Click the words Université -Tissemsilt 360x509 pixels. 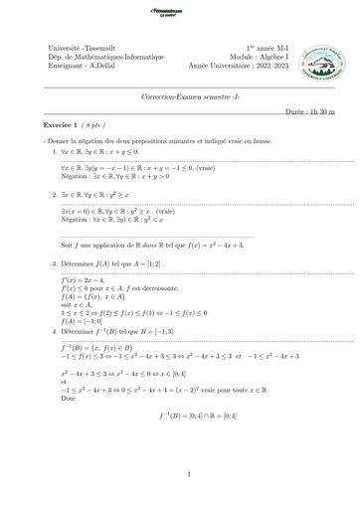tap(82, 48)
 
